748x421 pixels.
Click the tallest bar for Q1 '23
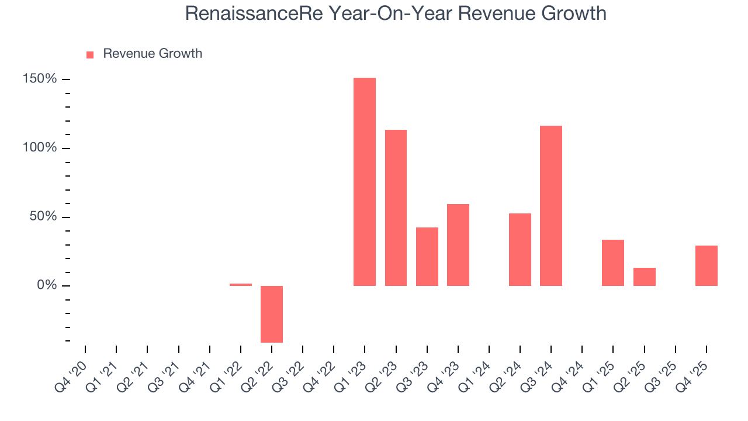click(365, 181)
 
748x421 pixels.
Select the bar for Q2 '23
click(396, 208)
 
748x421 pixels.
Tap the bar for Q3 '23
click(427, 256)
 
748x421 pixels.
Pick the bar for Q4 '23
click(458, 244)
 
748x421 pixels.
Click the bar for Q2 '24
click(520, 249)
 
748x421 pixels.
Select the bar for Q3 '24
click(551, 205)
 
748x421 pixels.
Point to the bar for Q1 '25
click(613, 263)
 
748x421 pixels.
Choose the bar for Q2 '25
click(644, 277)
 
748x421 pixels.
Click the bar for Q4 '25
click(706, 265)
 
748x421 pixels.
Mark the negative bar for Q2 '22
click(272, 314)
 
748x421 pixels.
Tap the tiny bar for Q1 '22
click(241, 285)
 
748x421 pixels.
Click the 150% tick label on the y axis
click(40, 79)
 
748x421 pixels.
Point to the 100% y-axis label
click(40, 148)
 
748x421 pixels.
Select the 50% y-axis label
click(43, 217)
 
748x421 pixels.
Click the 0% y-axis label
click(47, 286)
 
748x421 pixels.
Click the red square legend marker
click(90, 55)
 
